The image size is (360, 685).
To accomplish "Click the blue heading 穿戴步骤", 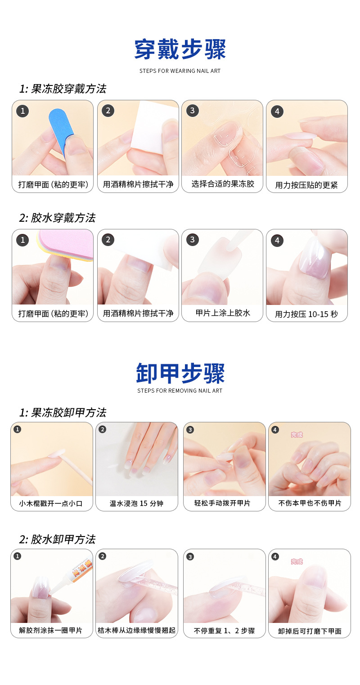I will [x=180, y=49].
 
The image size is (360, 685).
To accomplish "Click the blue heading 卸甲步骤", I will [x=180, y=373].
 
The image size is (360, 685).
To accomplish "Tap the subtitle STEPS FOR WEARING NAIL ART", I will [x=180, y=71].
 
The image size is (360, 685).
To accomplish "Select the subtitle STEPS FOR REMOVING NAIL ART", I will [x=180, y=391].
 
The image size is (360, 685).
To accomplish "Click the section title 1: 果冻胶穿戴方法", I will [x=63, y=89].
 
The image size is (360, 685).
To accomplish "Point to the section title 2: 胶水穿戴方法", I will [x=57, y=218].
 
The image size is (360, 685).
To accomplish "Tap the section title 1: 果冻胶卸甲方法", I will [x=63, y=412].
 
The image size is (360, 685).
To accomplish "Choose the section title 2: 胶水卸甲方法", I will [x=57, y=539].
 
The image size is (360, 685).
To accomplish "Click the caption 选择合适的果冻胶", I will [x=222, y=184].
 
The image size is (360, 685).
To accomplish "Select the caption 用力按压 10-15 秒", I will [x=306, y=314].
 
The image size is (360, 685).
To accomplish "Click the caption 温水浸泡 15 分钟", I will [x=137, y=503].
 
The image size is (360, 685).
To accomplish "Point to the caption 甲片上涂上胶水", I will [x=222, y=313].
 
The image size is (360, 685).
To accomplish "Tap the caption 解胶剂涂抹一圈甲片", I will [x=51, y=631].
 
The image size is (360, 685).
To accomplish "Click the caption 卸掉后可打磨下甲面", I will [x=310, y=631].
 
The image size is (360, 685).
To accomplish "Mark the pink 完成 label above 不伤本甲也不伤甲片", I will [x=297, y=434].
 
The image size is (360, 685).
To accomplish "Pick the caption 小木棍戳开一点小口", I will [x=51, y=503].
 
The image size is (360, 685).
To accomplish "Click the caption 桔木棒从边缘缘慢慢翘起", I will [x=137, y=631].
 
